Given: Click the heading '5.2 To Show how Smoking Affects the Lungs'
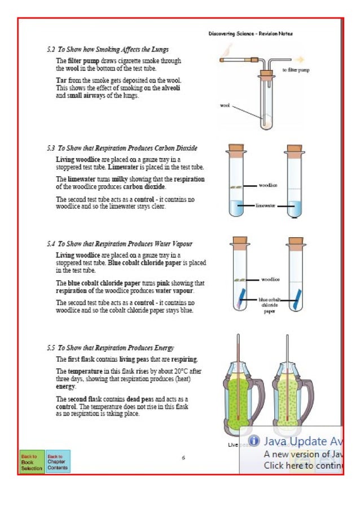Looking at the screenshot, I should coord(108,50).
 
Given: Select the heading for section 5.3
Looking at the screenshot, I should coord(122,148).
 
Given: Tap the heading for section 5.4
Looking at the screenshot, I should coord(120,244).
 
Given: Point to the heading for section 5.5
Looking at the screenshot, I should coord(111,348).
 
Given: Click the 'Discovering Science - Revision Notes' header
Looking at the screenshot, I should coord(250,34).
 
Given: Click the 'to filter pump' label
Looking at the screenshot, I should coord(295,70).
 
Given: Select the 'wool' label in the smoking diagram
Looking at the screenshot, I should coord(225,106).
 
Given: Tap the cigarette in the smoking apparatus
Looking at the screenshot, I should coord(235,59).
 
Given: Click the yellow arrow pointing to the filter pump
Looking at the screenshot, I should coord(300,58).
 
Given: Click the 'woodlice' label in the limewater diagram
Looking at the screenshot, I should coord(267,185).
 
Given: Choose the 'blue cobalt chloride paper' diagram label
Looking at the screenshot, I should coord(269,305).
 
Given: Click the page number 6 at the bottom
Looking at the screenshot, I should coord(183,457).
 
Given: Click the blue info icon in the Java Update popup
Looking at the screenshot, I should coord(254,441).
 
